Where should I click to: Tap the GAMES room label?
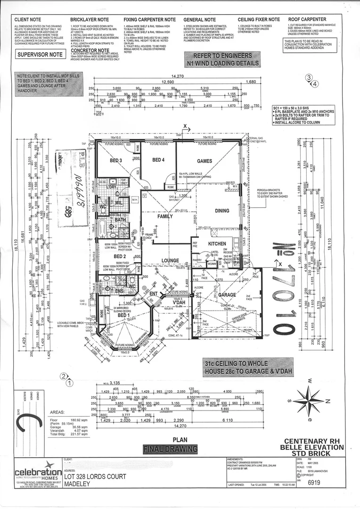205,161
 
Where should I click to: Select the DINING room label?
222,211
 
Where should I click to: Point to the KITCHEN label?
218,243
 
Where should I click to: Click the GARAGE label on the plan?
227,295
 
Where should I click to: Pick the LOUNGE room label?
170,261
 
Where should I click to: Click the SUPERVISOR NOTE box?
40,55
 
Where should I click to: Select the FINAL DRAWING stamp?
169,449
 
